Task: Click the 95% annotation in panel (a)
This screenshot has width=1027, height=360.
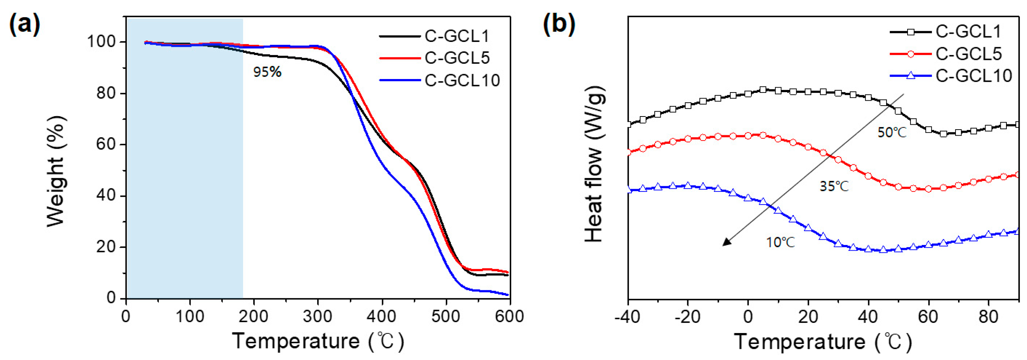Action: (267, 72)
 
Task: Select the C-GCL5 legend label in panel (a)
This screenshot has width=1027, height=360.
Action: (457, 58)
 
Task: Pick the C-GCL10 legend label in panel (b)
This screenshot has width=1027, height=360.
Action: (973, 76)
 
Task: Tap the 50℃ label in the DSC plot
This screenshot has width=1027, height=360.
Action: (892, 132)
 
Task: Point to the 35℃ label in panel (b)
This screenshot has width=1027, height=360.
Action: (834, 186)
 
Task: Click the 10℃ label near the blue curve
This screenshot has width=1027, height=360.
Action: (780, 242)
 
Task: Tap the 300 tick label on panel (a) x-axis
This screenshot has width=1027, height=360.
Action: (317, 317)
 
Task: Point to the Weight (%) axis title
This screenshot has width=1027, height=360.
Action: (56, 172)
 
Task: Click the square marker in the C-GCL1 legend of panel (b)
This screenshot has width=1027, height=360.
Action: (911, 32)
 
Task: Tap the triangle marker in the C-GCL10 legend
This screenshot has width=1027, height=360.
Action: (911, 75)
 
